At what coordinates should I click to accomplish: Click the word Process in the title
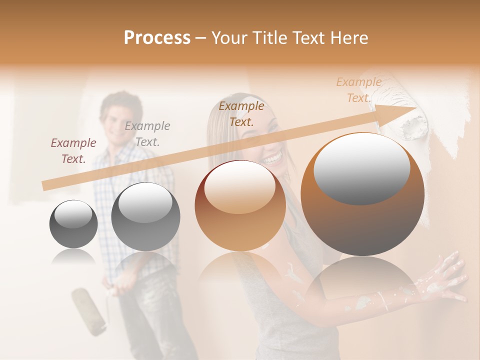[x=157, y=38]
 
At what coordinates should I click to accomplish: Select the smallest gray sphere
[x=73, y=224]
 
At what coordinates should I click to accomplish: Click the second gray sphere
[x=145, y=216]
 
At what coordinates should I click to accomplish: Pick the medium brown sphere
[x=240, y=205]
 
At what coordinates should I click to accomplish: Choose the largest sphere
[x=362, y=194]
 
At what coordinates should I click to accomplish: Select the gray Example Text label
[x=147, y=134]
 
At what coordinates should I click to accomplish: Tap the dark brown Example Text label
[x=241, y=113]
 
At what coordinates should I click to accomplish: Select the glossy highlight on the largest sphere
[x=362, y=168]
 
